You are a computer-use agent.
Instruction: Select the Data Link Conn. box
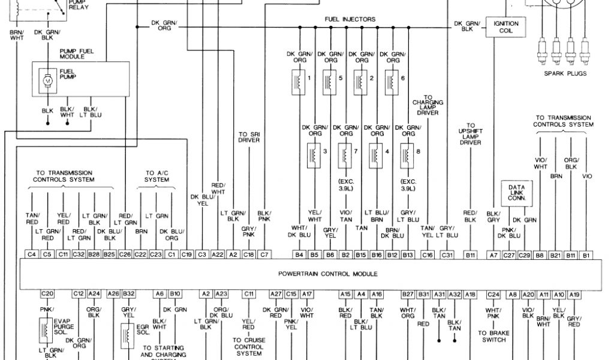point(517,192)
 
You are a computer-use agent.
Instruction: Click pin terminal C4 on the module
point(32,255)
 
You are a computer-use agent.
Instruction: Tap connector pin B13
point(408,255)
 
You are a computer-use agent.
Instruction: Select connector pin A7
point(493,255)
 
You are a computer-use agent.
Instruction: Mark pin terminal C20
point(47,293)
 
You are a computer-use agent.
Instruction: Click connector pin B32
point(128,293)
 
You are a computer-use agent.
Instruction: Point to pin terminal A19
point(574,293)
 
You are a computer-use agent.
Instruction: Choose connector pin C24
point(493,293)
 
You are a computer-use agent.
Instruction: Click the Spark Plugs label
point(565,74)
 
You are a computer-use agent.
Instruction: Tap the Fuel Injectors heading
point(350,19)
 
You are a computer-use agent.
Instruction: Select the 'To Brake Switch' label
point(493,336)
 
